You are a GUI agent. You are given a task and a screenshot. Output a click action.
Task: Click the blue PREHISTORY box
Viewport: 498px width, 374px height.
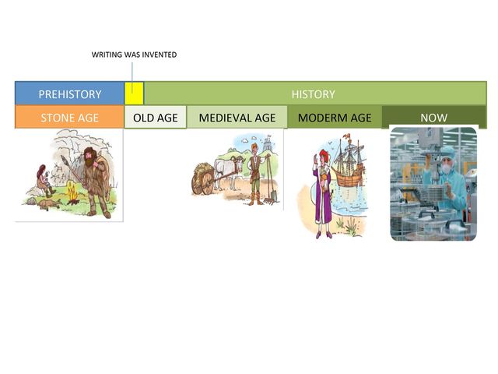[69, 93]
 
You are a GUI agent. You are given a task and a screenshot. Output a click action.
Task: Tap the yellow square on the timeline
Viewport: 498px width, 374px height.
[134, 93]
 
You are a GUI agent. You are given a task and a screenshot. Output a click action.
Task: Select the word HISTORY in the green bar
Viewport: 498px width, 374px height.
[313, 94]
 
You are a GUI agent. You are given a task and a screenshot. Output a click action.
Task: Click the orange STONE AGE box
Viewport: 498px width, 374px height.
[69, 118]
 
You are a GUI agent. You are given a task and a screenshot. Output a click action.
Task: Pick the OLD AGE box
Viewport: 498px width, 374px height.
[156, 118]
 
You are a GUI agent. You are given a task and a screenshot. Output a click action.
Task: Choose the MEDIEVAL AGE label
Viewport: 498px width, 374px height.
[237, 118]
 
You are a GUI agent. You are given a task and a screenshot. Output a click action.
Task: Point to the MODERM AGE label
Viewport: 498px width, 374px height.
[335, 118]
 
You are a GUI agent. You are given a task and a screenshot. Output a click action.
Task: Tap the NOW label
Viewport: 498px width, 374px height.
[434, 118]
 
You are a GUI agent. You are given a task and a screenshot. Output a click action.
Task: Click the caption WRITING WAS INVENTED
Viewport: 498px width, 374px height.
[134, 55]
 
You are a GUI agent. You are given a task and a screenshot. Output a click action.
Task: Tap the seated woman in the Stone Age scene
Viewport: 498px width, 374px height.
[44, 181]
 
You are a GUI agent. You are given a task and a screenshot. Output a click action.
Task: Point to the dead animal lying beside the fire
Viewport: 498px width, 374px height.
[49, 204]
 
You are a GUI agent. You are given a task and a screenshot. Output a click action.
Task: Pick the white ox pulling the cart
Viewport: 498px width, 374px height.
[229, 171]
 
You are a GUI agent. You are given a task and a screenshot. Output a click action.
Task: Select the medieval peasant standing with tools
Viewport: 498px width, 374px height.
[255, 174]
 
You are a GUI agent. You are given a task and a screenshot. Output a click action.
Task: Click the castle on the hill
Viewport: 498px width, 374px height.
[268, 143]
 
